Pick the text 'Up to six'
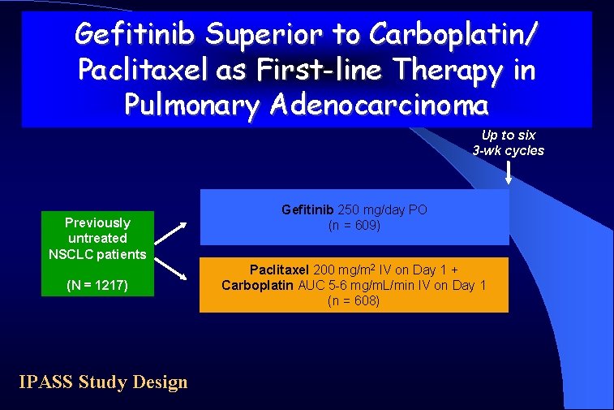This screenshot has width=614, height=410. pos(509,136)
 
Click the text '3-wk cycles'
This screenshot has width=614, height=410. pos(509,150)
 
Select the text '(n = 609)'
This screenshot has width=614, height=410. pos(354,225)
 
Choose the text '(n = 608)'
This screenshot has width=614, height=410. pos(354,300)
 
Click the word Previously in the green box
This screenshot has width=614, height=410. pos(97,222)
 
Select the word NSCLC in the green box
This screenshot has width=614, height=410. pos(71,254)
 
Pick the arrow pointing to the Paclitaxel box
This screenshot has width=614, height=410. pos(173,268)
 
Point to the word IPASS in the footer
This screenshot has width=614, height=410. pos(46,382)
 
